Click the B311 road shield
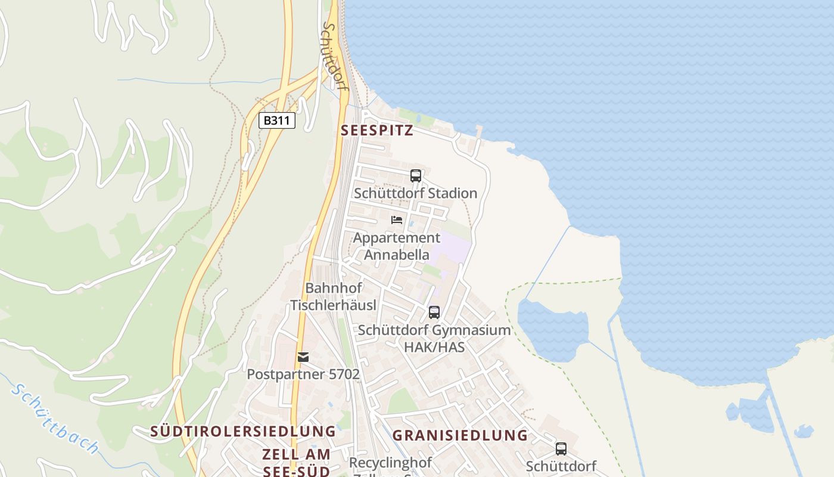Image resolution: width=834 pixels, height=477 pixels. click(278, 120)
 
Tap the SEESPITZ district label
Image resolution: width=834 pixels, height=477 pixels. click(376, 131)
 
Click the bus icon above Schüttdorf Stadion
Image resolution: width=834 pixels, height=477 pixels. click(416, 176)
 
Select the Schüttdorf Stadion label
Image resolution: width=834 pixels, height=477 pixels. click(416, 193)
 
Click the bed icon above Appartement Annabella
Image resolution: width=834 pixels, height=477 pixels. click(397, 220)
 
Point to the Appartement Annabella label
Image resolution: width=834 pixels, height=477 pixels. click(397, 246)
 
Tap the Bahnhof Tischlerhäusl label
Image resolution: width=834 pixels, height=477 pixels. click(334, 296)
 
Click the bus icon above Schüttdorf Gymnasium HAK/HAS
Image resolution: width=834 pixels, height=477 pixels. click(434, 312)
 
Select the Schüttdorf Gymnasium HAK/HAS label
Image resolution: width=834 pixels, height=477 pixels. click(434, 338)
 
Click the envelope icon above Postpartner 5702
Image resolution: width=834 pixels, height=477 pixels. click(303, 357)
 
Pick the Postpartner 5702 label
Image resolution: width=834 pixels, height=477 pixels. click(303, 374)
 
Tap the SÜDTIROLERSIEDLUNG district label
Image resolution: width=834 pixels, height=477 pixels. click(243, 431)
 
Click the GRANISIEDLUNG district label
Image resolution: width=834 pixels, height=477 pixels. click(460, 435)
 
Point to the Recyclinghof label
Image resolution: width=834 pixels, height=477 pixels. click(390, 463)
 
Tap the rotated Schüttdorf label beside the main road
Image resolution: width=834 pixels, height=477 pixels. click(334, 57)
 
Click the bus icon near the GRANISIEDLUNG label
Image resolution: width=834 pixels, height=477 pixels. click(561, 449)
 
